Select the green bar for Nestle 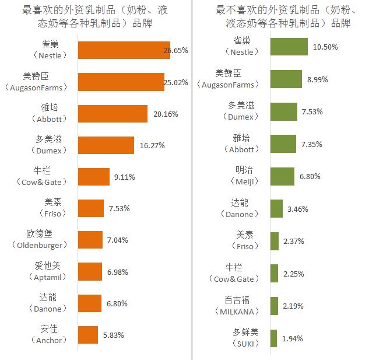point(289,47)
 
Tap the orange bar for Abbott point(112,114)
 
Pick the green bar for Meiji point(282,176)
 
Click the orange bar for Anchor point(87,335)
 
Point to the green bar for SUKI point(273,338)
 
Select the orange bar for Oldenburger point(90,240)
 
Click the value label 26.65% point(175,51)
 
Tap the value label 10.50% point(325,47)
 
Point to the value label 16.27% point(152,145)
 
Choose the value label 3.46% point(297,209)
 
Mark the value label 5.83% point(113,335)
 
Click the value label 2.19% point(293,306)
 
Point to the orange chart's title point(95,16)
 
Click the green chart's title point(288,16)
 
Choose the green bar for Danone point(276,209)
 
